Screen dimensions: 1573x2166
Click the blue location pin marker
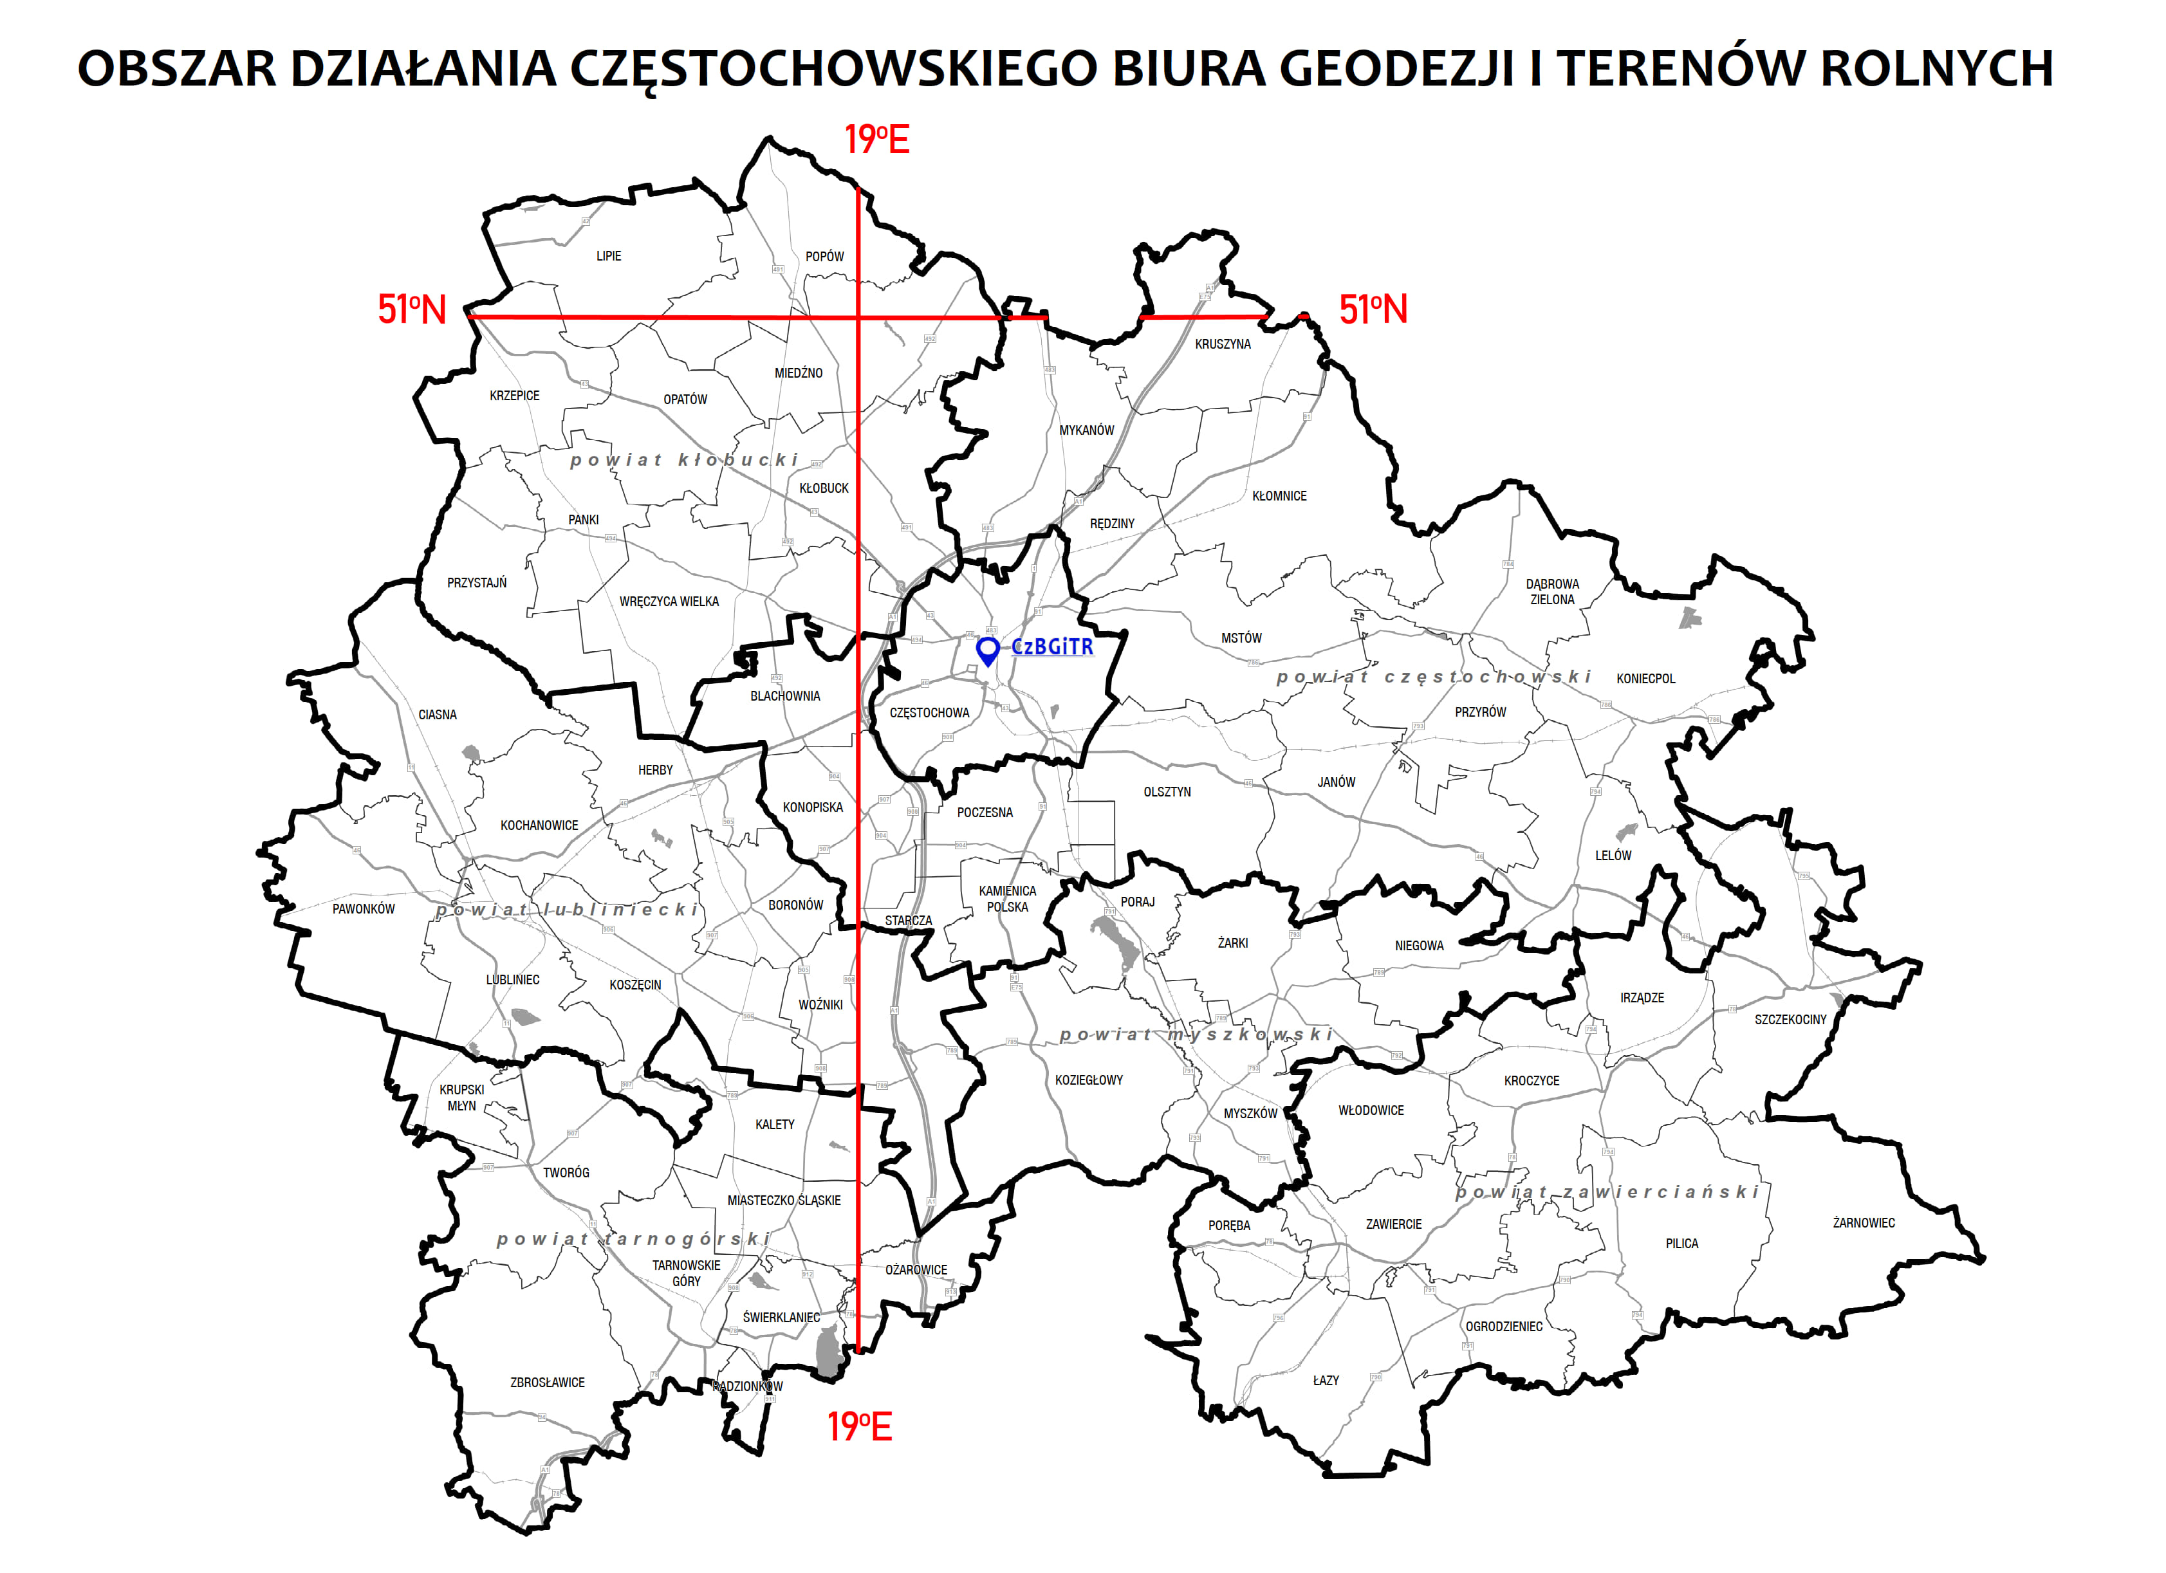pos(988,649)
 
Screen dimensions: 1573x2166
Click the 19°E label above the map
pos(876,140)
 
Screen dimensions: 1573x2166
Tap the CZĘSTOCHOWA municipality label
pos(929,712)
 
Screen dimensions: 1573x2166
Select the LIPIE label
pos(608,256)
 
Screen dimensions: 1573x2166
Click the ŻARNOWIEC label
pos(1864,1222)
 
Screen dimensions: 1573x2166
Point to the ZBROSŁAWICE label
pos(546,1382)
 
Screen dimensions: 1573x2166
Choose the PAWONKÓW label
pos(363,909)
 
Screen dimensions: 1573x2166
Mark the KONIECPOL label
pos(1645,678)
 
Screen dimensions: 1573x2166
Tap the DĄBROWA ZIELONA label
pos(1552,592)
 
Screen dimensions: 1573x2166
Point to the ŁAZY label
pos(1326,1380)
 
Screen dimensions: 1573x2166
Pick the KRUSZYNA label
pos(1223,344)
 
